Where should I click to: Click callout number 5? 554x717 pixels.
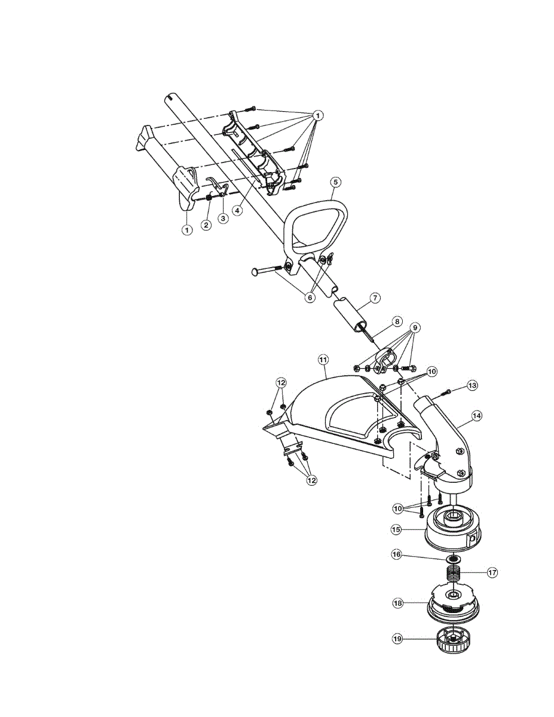point(335,181)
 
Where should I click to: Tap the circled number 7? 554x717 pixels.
point(375,297)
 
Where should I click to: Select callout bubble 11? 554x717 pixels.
point(323,360)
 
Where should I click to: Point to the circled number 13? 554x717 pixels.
point(473,385)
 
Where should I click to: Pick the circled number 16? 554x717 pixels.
point(396,554)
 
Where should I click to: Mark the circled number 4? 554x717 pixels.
point(238,211)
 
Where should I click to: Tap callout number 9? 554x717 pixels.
point(415,327)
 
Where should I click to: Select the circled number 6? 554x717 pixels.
point(310,297)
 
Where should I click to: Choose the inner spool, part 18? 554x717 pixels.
point(453,603)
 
